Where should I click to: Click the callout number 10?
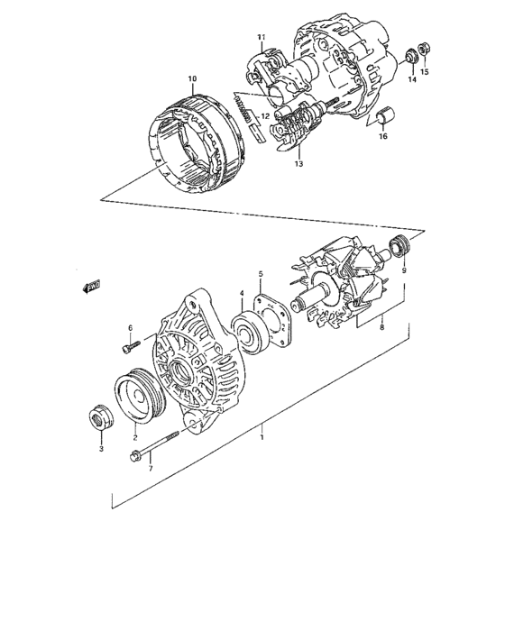190,79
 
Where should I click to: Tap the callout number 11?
262,37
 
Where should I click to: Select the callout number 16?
382,136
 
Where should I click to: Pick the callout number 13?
298,164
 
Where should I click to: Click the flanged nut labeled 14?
410,55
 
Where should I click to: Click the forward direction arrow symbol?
89,287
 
